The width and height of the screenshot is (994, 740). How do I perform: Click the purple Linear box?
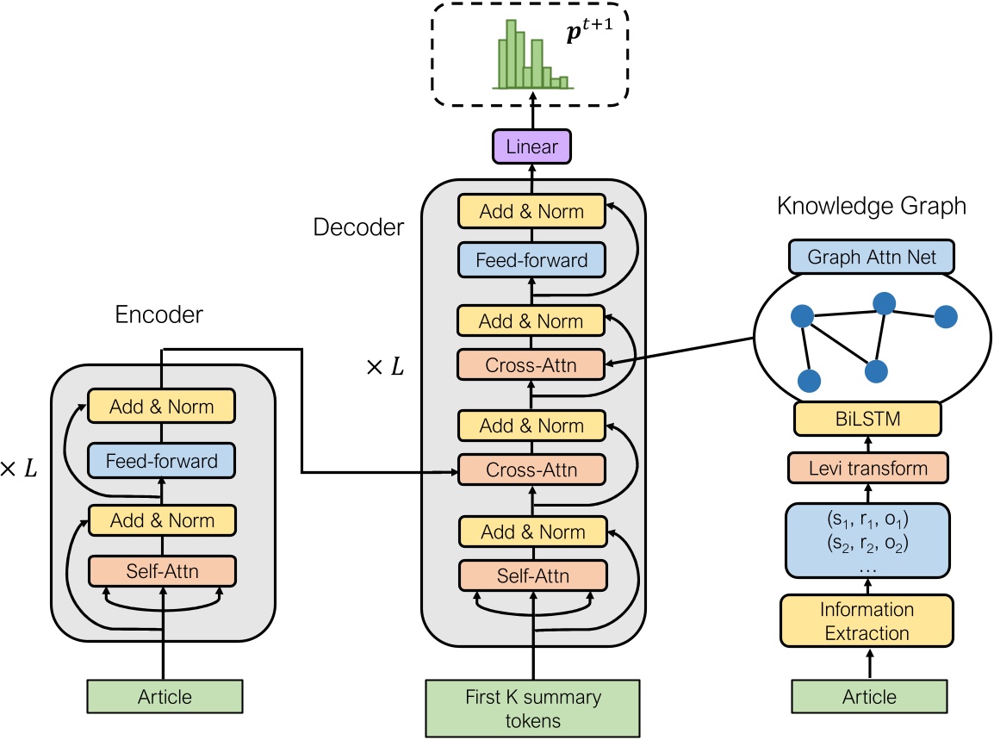pos(531,146)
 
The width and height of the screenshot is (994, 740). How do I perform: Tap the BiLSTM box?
pos(867,419)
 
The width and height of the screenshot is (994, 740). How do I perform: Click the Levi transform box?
pos(867,468)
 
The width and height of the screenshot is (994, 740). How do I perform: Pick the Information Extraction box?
pos(867,621)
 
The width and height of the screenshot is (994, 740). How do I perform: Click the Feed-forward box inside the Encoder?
pos(162,460)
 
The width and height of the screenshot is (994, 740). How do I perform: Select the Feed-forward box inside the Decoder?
pos(531,259)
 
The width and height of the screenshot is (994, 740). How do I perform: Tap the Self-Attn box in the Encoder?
pos(162,569)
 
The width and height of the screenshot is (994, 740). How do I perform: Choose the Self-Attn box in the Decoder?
pos(531,575)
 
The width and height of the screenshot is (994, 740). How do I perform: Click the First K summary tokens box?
pos(531,708)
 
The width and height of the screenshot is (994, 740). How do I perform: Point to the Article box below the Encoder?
pos(165,696)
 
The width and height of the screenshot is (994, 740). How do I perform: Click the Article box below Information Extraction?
pos(869,696)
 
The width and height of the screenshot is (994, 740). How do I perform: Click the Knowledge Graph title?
pos(871,206)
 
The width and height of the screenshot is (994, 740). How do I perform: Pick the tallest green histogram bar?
pos(512,53)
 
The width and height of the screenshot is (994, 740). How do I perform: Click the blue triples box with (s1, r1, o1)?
pos(867,539)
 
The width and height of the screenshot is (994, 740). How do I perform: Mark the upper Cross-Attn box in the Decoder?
pos(531,364)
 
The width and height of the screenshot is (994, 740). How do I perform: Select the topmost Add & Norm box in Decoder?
pos(531,211)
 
